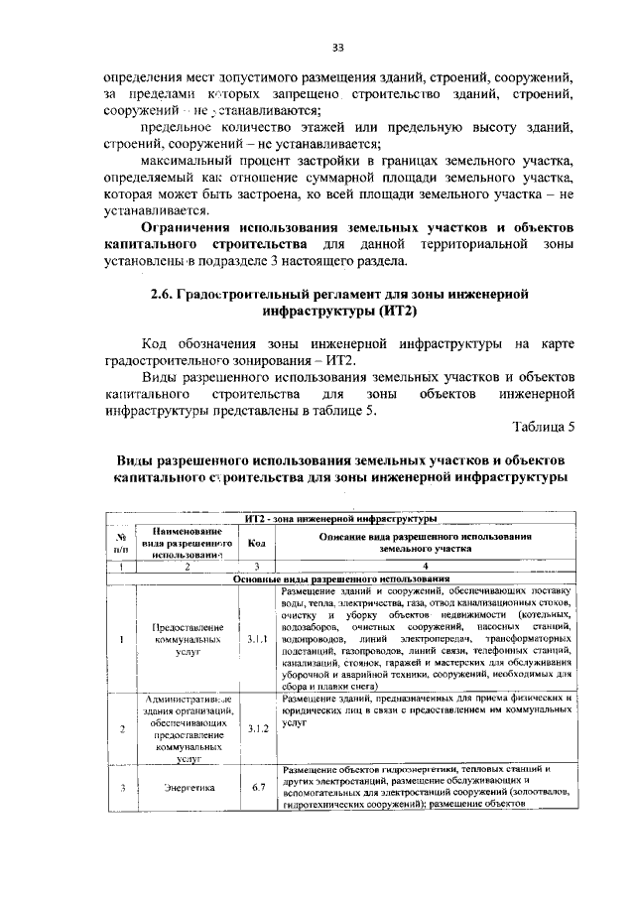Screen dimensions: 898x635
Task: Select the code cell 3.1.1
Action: pos(256,639)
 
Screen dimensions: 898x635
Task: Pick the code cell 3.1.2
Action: pos(256,729)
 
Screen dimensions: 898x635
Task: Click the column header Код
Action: pos(256,543)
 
